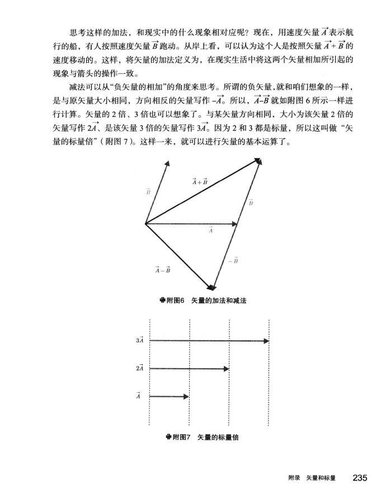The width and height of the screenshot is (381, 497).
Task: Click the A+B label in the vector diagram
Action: coord(200,181)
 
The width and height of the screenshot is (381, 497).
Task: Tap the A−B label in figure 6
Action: coord(163,270)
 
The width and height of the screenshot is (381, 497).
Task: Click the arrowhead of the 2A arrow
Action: coord(226,368)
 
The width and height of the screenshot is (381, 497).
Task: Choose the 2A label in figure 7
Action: coord(140,368)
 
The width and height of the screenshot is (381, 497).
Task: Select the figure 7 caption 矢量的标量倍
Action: coord(218,437)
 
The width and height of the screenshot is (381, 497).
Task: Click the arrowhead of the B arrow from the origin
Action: coord(167,165)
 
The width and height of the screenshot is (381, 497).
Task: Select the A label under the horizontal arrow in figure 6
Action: coord(211,230)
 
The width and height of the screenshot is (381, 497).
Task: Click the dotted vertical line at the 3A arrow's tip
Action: coord(270,392)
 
